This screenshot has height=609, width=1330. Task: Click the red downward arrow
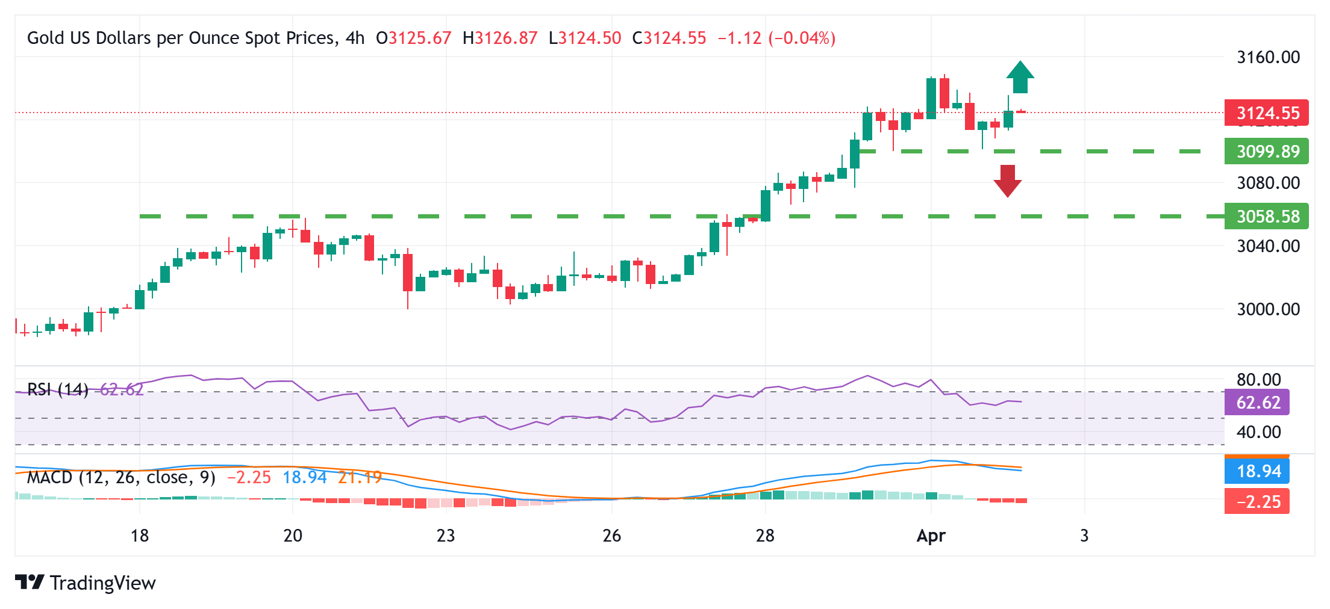pyautogui.click(x=1008, y=181)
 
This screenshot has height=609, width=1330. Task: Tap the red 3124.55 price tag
pyautogui.click(x=1266, y=113)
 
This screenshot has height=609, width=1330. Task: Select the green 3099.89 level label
pyautogui.click(x=1266, y=151)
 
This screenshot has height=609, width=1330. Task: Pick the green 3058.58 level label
pyautogui.click(x=1266, y=216)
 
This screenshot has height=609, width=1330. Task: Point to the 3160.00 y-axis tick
pyautogui.click(x=1268, y=57)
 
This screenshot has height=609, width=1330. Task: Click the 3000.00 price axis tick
pyautogui.click(x=1268, y=309)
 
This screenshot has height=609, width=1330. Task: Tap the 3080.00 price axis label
pyautogui.click(x=1268, y=183)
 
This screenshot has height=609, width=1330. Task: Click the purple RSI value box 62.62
pyautogui.click(x=1257, y=402)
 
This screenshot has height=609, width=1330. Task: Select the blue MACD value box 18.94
pyautogui.click(x=1257, y=471)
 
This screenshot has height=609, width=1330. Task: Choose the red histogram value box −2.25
pyautogui.click(x=1257, y=501)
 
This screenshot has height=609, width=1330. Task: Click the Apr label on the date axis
pyautogui.click(x=931, y=536)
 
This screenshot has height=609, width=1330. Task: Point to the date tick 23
pyautogui.click(x=446, y=536)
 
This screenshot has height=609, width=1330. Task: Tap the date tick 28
pyautogui.click(x=765, y=536)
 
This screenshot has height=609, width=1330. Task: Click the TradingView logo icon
pyautogui.click(x=30, y=582)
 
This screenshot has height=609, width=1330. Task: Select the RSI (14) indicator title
pyautogui.click(x=58, y=390)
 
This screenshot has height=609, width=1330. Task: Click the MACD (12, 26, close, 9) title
pyautogui.click(x=121, y=477)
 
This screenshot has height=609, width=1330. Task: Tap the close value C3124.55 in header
pyautogui.click(x=669, y=38)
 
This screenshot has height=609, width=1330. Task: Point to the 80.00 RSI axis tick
pyautogui.click(x=1258, y=380)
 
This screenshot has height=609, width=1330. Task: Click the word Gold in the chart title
pyautogui.click(x=46, y=38)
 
